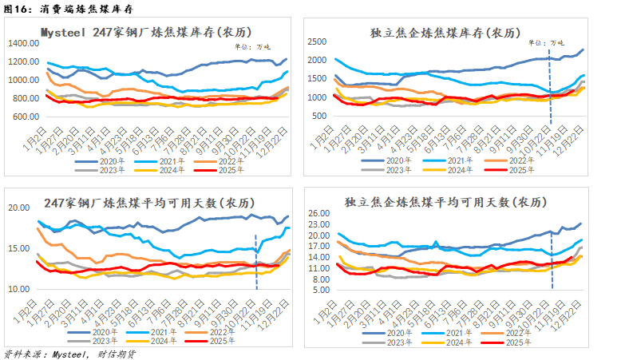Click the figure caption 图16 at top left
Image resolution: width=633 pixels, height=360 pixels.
18,9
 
